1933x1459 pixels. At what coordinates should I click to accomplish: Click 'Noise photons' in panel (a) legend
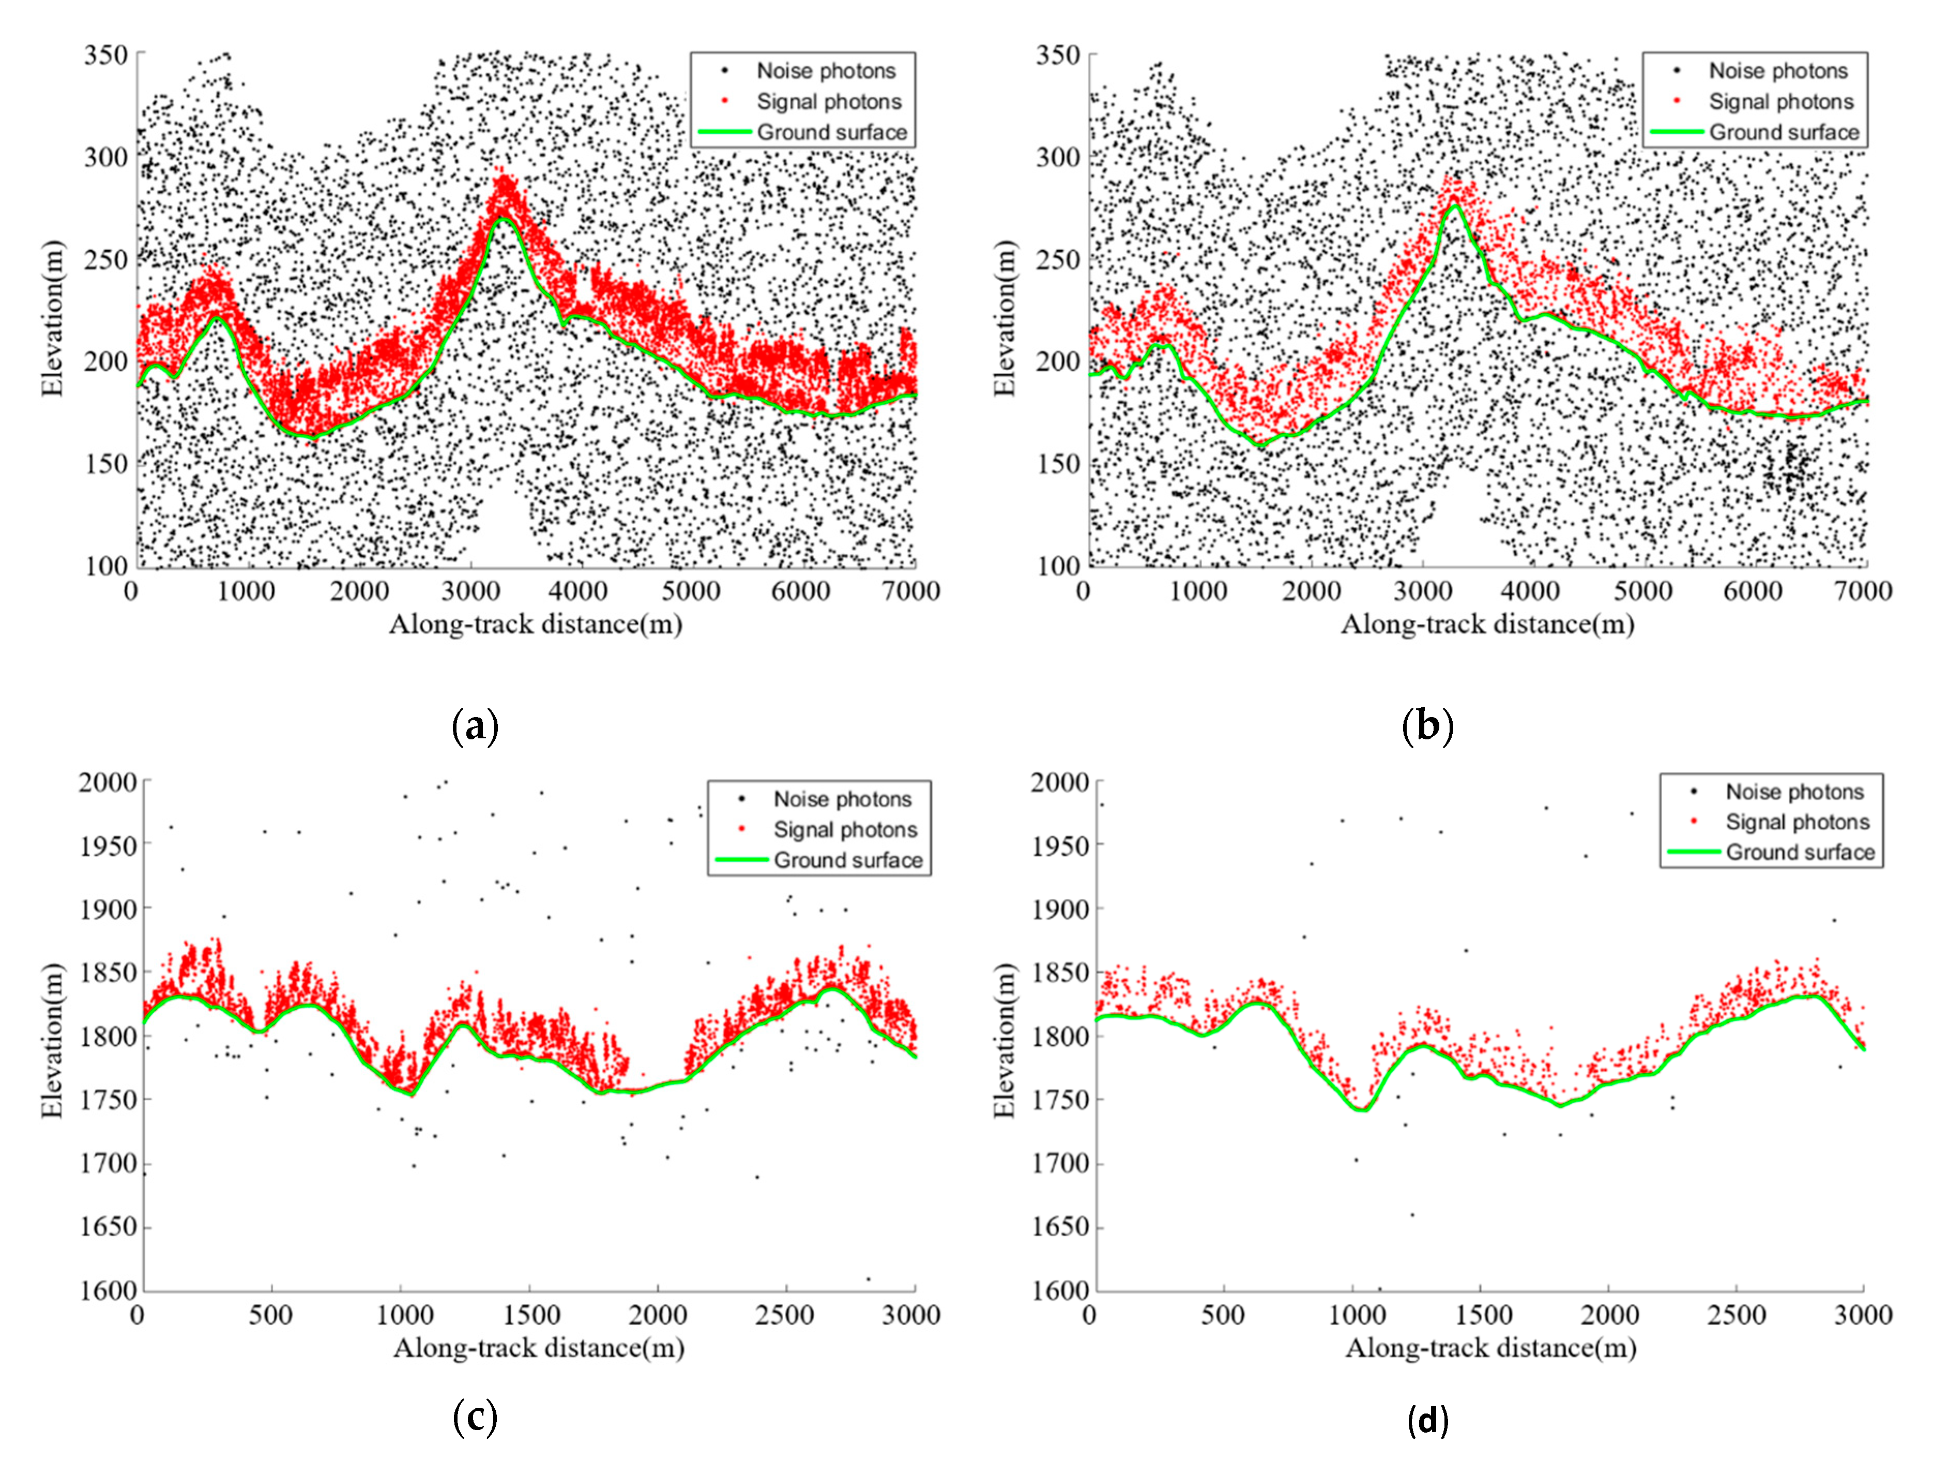pos(825,71)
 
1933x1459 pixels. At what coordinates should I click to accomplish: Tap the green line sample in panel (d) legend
pos(1694,852)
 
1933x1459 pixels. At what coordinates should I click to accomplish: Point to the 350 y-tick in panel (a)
pos(106,55)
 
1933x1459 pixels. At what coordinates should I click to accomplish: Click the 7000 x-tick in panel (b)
pos(1862,591)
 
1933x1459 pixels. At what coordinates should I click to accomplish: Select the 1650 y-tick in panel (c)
pos(109,1227)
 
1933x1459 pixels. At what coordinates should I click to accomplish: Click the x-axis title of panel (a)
pos(535,625)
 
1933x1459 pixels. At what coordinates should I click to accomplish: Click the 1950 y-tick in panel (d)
pos(1060,845)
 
